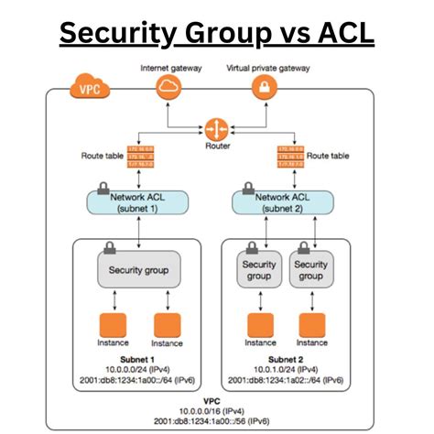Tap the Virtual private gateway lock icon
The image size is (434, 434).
(263, 87)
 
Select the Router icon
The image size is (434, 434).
(217, 127)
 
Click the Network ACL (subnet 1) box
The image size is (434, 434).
(138, 203)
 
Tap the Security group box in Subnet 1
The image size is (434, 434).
(138, 269)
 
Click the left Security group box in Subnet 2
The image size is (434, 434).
(259, 270)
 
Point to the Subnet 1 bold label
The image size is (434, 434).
(138, 360)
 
